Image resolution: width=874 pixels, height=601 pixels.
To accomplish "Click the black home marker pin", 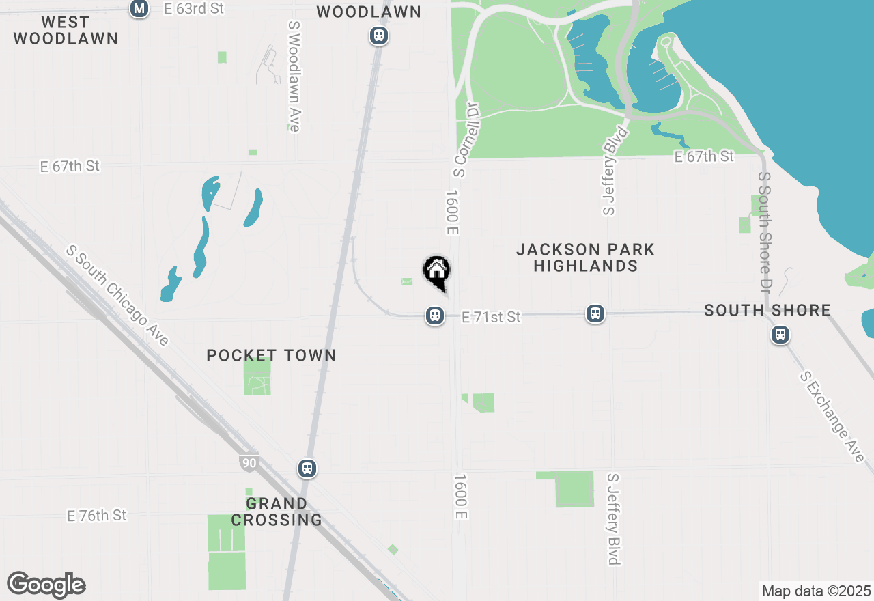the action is tap(437, 271).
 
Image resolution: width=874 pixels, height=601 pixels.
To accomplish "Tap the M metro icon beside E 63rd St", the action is tap(139, 9).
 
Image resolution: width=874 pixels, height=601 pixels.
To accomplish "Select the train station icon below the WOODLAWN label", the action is tap(379, 36).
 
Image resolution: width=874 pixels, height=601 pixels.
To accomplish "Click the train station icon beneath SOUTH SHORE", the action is tap(780, 335).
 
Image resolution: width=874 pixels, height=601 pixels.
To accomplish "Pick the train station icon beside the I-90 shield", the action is tap(307, 469).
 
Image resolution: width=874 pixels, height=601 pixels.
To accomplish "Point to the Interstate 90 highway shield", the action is tap(249, 463).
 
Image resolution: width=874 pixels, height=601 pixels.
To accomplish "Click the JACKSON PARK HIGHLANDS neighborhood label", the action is tap(585, 257).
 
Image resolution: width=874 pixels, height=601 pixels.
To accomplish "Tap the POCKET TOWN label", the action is tap(271, 355).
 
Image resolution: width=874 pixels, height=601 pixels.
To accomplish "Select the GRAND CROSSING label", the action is tap(277, 512).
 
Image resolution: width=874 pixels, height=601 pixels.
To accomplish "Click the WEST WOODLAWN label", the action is tap(66, 31).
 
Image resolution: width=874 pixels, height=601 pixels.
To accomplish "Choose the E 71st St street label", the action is tap(491, 317).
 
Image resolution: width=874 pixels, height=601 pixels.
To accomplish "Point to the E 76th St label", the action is tap(97, 515).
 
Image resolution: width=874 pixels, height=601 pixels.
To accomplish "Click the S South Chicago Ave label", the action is tap(117, 296).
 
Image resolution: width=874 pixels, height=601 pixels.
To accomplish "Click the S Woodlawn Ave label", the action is tap(294, 75).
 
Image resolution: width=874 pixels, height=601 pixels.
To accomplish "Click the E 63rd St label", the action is tap(194, 9).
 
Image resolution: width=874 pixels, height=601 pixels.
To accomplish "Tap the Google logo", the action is tap(46, 585).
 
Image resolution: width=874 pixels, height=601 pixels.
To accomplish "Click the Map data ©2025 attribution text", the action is tap(816, 591).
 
